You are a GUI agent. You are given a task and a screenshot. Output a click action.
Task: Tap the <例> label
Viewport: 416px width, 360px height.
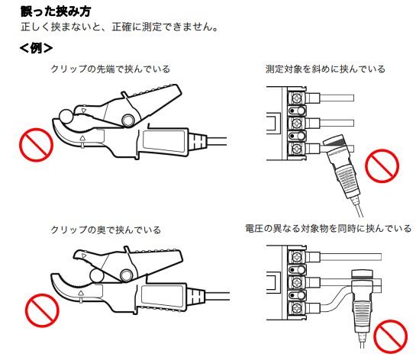pos(36,48)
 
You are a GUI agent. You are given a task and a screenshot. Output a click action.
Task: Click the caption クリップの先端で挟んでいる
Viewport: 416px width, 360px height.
pos(110,69)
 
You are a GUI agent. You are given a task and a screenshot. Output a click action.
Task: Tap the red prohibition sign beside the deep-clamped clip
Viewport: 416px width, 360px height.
pos(41,311)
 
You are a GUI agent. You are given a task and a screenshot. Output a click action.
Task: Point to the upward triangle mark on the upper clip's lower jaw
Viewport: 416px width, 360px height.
pos(82,139)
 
